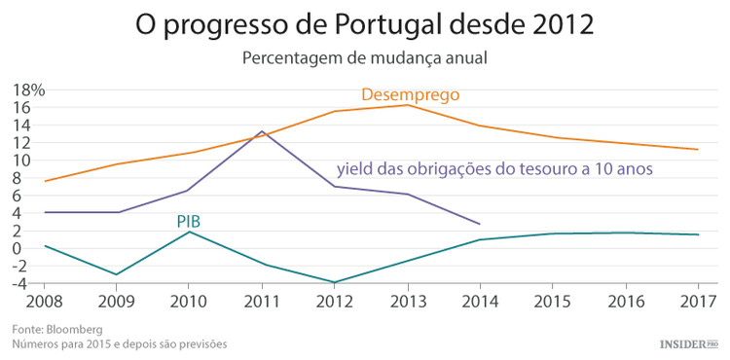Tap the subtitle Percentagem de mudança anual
click(x=364, y=57)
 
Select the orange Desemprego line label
click(x=410, y=94)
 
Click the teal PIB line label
click(x=189, y=222)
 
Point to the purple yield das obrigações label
click(x=494, y=168)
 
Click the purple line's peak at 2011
click(x=262, y=131)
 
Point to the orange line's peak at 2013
click(x=408, y=104)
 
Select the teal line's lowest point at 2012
click(x=336, y=282)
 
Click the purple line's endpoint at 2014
click(x=480, y=224)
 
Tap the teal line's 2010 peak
click(x=191, y=232)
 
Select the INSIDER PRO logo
click(x=688, y=343)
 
